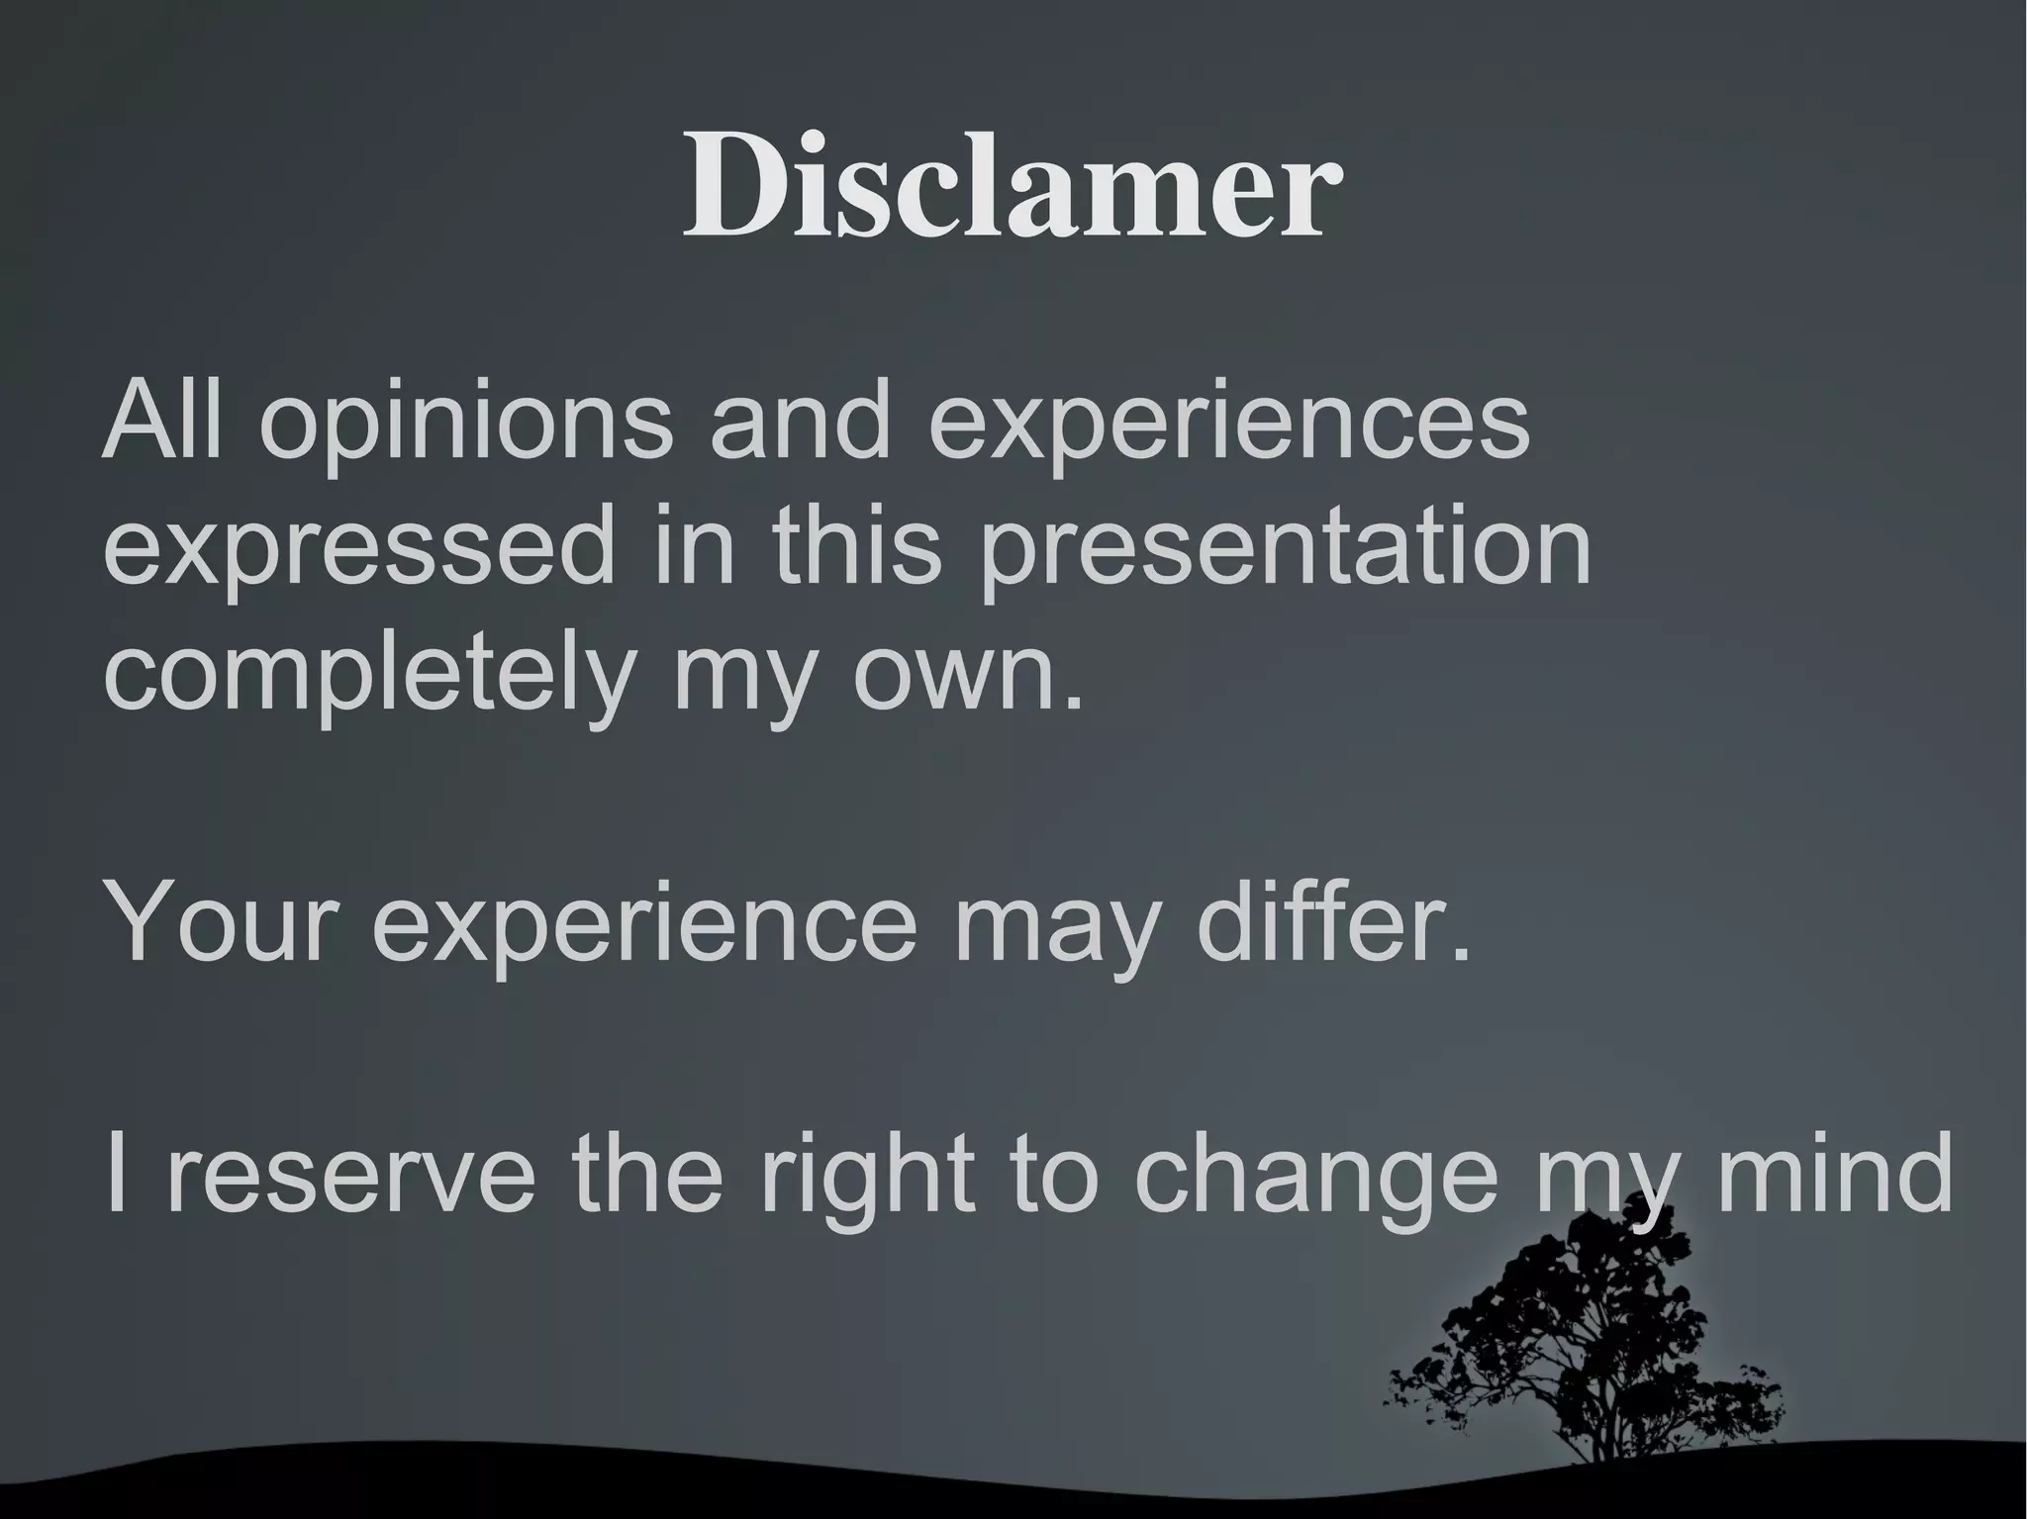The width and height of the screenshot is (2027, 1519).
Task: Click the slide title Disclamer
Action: [x=1012, y=188]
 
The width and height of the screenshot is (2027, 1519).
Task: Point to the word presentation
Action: [x=1285, y=549]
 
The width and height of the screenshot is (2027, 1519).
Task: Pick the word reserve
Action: [x=352, y=1177]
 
